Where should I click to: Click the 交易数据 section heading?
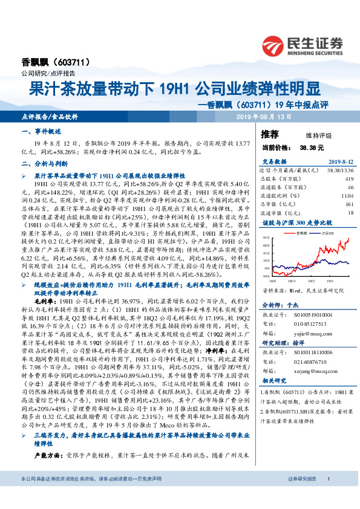point(274,161)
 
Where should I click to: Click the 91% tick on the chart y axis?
point(267,239)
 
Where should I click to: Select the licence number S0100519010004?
point(318,314)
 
